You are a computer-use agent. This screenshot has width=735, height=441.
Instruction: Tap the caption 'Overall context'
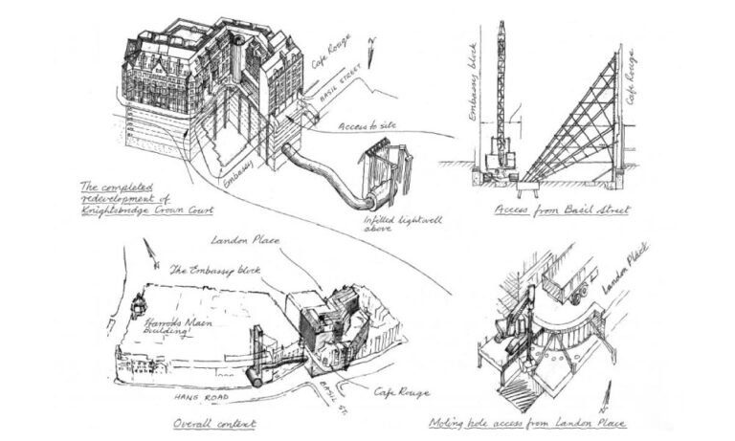click(213, 422)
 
